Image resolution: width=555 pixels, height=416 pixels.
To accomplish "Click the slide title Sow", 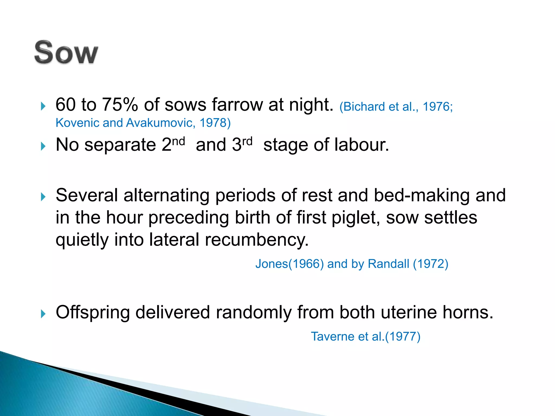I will tap(66, 53).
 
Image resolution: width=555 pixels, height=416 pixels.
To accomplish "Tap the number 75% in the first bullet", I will tap(120, 105).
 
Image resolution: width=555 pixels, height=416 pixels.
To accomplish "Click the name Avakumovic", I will tap(159, 123).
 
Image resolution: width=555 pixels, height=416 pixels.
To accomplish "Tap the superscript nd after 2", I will tap(179, 141).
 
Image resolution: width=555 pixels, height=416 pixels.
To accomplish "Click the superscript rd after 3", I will tap(247, 141).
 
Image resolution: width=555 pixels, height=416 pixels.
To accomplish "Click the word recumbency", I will tap(256, 240).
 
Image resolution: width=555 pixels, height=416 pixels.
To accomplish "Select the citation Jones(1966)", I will tap(289, 264).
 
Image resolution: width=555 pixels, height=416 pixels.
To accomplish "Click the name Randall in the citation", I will tap(388, 264).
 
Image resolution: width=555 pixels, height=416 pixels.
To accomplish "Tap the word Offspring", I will tap(93, 313).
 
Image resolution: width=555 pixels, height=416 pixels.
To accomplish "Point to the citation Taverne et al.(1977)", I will tap(365, 337).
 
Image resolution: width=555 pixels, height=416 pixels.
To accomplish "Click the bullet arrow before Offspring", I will tap(43, 314).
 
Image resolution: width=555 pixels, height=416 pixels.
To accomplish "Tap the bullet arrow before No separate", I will tap(43, 147).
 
